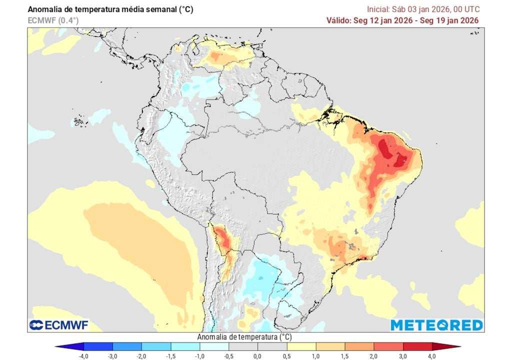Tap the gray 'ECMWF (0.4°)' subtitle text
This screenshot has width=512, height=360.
53,20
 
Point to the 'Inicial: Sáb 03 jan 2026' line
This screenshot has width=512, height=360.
423,9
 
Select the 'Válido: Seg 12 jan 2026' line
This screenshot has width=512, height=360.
402,20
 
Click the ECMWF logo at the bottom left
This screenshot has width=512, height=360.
59,325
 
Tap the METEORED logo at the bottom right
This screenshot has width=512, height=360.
436,325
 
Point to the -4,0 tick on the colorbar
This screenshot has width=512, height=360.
84,355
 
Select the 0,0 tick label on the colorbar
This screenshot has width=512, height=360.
257,355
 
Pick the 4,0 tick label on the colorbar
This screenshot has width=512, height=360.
431,355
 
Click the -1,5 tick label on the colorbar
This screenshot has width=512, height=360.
170,355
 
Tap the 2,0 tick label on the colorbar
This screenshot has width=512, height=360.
373,355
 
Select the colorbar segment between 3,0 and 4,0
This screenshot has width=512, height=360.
416,346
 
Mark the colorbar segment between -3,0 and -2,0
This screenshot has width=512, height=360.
127,346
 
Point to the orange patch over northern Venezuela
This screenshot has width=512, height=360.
220,57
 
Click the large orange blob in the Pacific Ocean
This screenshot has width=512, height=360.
135,240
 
